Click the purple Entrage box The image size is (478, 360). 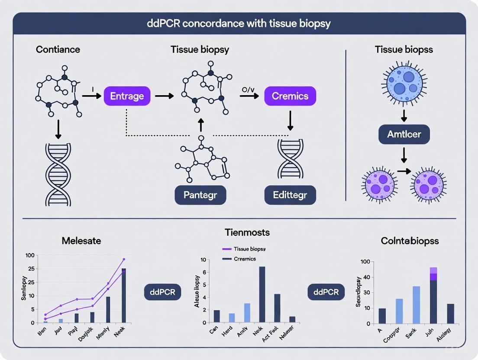pos(127,96)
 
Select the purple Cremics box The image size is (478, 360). pos(290,96)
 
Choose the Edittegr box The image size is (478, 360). pos(290,195)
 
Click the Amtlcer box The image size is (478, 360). pos(404,134)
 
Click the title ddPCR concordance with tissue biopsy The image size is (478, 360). pos(239,23)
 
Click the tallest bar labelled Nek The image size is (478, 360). pos(262,295)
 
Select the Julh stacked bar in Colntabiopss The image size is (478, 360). pos(433,296)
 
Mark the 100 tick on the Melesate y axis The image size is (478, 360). pos(30,255)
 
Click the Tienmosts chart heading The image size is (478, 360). pos(247,232)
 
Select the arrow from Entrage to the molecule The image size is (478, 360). pos(164,96)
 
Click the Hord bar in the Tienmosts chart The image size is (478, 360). pos(232,318)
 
